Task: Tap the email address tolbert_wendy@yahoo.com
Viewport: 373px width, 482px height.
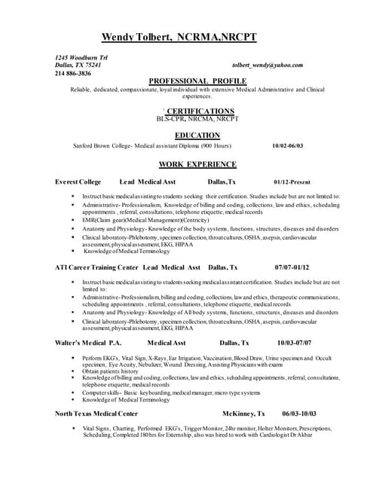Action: [268, 65]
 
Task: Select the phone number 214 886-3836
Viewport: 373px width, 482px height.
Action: [73, 73]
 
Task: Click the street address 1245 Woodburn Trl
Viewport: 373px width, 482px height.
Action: [81, 57]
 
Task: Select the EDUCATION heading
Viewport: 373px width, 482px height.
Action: [197, 135]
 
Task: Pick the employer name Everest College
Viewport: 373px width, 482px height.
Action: [78, 182]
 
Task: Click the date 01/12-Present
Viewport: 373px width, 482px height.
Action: [292, 182]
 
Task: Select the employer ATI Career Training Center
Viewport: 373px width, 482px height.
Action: [96, 267]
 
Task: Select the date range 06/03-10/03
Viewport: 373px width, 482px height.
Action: [299, 413]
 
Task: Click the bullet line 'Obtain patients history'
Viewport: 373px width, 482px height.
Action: [112, 371]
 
